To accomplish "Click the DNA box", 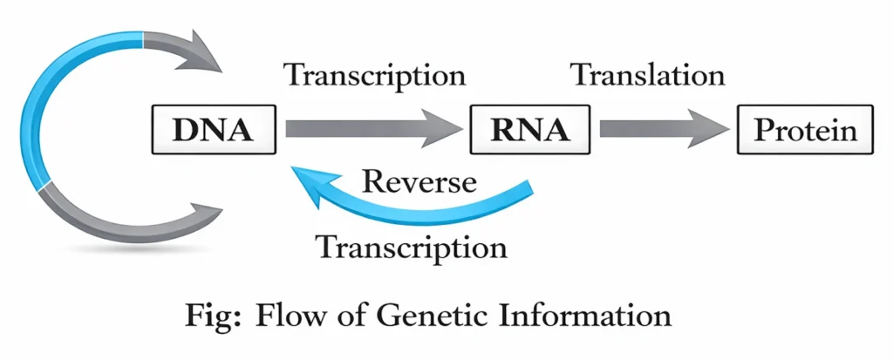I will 214,131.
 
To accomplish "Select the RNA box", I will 530,131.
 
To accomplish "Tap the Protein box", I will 805,131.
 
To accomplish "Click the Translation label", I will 648,75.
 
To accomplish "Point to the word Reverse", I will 419,182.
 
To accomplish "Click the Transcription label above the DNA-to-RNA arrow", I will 376,75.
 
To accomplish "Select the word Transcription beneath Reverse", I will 412,247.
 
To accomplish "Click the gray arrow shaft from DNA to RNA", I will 358,131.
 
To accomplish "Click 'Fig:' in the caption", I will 213,315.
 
